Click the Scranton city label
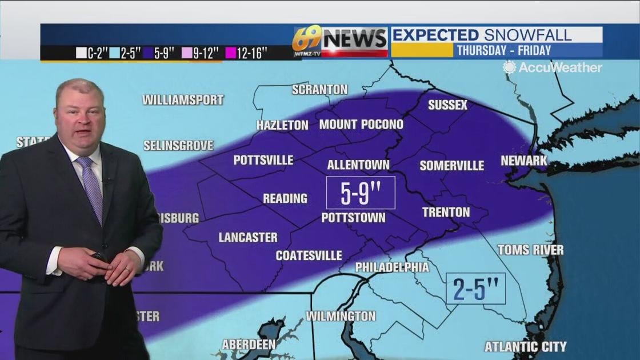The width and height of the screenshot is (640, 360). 319,90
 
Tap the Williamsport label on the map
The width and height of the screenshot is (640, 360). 183,100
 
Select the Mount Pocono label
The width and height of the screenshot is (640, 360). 361,125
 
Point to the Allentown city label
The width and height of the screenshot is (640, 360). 358,165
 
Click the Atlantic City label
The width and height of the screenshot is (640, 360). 525,347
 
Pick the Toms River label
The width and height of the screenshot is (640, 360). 530,250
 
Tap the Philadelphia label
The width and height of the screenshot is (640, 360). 392,267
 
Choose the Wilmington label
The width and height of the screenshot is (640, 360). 341,316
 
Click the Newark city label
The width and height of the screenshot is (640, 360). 524,161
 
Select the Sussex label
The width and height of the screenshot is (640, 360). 447,105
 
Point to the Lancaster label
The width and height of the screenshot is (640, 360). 248,237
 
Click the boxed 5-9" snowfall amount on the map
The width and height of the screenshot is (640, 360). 361,193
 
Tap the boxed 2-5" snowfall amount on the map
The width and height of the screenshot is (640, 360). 475,289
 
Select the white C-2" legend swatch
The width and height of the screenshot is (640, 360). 81,53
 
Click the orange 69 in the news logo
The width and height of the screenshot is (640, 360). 306,39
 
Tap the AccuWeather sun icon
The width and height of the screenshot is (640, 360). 509,67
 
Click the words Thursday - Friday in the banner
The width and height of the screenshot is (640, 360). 503,50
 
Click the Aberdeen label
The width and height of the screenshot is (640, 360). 249,345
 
